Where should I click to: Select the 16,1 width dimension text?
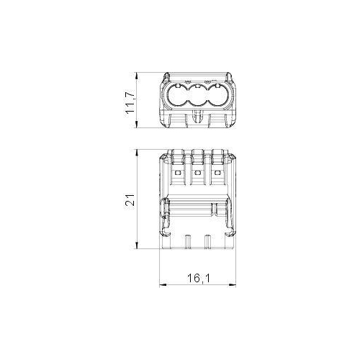(199, 279)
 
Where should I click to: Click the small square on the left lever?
(178, 172)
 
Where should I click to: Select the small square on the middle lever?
(197, 172)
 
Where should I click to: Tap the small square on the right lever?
(217, 172)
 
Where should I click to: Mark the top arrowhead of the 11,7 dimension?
(137, 76)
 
